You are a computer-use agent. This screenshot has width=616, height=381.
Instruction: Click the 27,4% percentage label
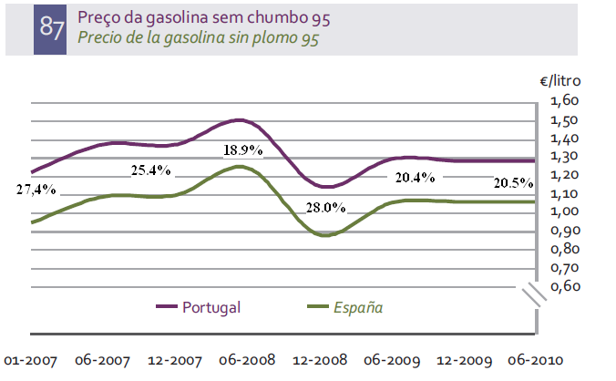(x=36, y=189)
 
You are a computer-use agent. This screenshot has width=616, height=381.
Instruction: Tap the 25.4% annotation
(x=150, y=169)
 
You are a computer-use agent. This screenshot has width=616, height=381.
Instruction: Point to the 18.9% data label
(x=243, y=150)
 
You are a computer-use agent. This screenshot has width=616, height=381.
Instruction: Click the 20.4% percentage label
(x=416, y=179)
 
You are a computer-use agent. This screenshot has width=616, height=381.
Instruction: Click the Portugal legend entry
(x=210, y=307)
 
